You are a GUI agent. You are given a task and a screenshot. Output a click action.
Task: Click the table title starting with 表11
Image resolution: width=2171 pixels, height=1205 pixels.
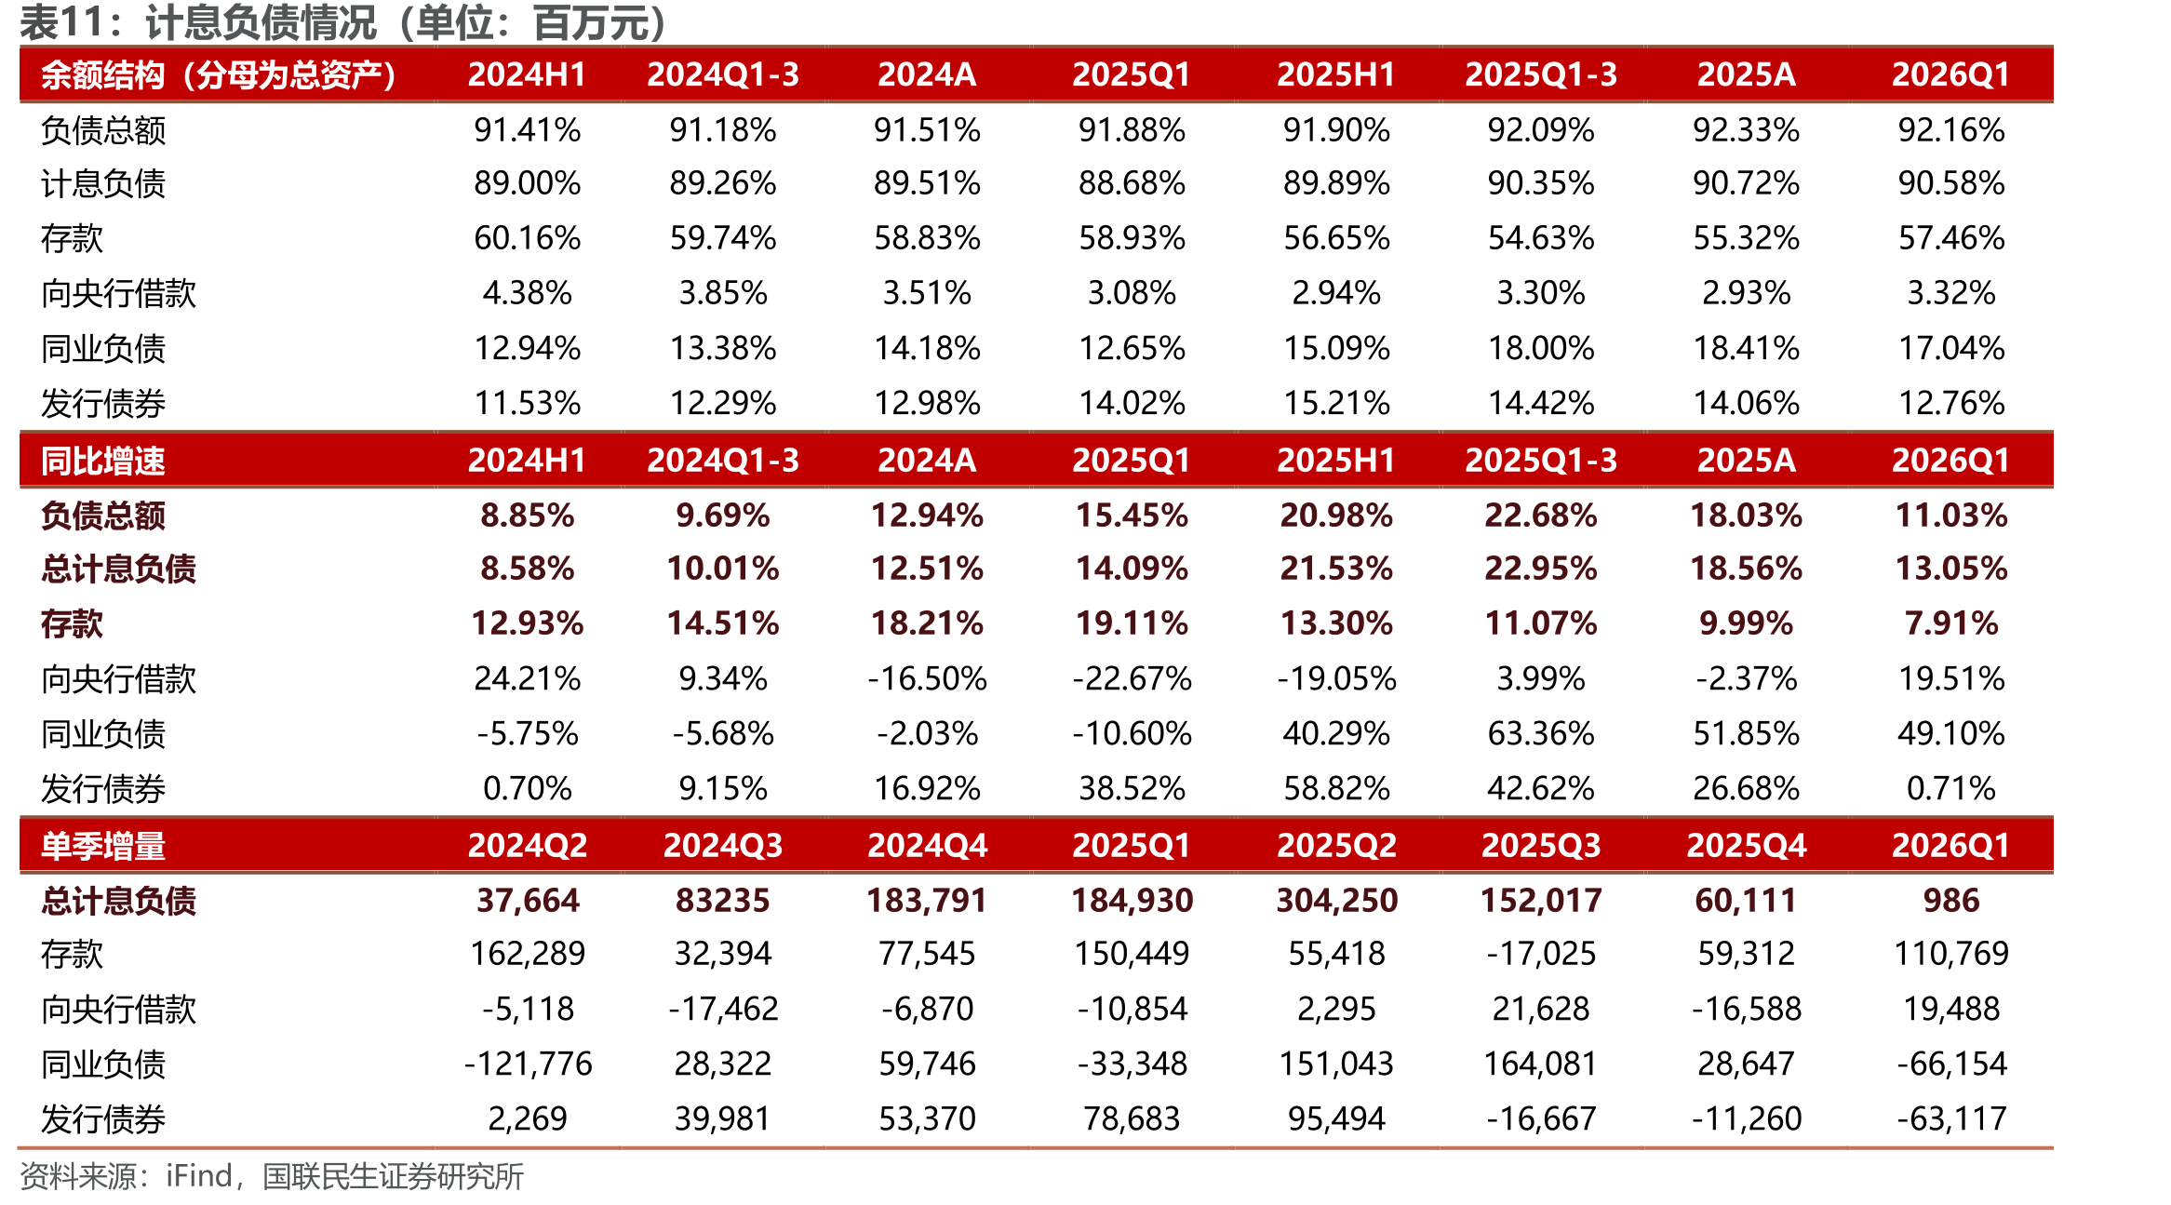click(344, 22)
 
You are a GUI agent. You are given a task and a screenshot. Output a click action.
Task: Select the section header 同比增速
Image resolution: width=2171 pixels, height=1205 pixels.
click(103, 461)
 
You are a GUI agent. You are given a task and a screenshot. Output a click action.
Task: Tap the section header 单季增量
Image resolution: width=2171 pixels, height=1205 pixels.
click(103, 846)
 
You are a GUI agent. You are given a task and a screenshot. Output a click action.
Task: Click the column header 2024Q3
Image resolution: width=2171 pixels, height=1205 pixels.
click(723, 846)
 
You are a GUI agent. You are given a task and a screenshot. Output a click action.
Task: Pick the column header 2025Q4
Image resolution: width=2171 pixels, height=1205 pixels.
click(1747, 846)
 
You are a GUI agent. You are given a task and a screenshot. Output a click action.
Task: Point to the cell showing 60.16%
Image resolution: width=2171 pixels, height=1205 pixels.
click(528, 238)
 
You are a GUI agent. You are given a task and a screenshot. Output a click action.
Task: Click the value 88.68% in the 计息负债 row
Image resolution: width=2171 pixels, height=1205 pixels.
click(1132, 183)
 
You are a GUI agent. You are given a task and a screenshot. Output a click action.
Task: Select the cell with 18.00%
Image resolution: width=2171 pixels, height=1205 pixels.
click(1542, 348)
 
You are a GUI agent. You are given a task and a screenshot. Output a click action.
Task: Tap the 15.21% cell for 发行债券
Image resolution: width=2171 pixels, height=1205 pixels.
click(1337, 403)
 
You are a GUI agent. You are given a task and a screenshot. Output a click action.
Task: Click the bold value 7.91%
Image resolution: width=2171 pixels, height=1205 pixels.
click(1951, 623)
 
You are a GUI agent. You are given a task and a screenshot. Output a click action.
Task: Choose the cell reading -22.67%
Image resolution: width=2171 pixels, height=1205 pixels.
click(1132, 678)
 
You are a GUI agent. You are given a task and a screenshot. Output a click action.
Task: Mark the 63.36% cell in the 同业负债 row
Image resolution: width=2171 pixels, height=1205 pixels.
click(1542, 733)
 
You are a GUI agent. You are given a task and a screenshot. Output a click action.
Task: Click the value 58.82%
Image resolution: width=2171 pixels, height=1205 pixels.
click(1337, 788)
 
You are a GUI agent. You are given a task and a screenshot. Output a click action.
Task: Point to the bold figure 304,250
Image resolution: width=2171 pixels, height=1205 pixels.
click(1337, 900)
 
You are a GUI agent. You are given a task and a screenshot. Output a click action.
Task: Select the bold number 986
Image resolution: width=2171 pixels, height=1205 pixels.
click(1951, 900)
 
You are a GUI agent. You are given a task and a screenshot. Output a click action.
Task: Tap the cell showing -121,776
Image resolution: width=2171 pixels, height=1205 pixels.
click(528, 1064)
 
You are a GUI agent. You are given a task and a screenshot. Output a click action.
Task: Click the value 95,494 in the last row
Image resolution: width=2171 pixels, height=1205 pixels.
click(1337, 1118)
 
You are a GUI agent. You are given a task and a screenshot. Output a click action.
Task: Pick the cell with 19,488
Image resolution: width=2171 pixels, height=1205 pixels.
click(1951, 1009)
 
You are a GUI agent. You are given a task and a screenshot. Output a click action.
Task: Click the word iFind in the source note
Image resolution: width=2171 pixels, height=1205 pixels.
click(199, 1176)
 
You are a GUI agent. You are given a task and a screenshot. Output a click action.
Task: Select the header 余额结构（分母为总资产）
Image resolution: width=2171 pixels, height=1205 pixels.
click(219, 74)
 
